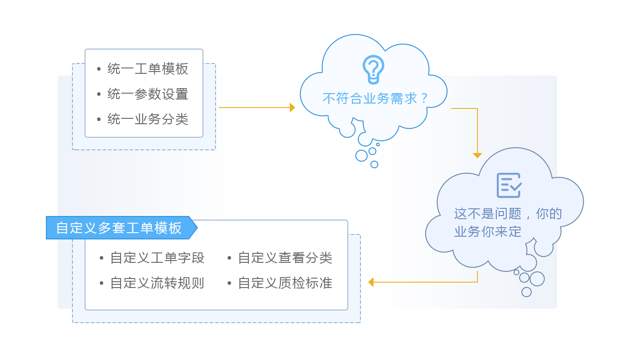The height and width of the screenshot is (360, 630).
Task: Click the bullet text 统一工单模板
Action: [x=148, y=69]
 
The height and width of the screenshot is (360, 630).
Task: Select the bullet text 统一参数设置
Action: [x=148, y=94]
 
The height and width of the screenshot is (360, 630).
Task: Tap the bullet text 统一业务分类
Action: [x=148, y=119]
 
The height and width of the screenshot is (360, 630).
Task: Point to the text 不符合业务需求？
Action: [x=376, y=98]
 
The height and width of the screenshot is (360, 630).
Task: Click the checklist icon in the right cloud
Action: [x=508, y=185]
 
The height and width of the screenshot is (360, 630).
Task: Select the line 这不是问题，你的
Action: [x=508, y=213]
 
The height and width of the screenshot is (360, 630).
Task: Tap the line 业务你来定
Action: [x=488, y=231]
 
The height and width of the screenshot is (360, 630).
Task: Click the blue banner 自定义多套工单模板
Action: [x=119, y=228]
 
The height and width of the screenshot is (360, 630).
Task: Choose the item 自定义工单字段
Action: [x=157, y=258]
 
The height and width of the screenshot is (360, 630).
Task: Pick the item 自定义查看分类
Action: [x=285, y=258]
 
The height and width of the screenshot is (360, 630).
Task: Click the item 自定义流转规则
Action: [x=157, y=283]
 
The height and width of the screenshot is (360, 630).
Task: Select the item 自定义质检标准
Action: [x=285, y=283]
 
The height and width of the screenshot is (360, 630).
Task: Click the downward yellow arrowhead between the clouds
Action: [x=477, y=155]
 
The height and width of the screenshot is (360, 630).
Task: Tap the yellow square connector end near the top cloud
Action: [x=292, y=108]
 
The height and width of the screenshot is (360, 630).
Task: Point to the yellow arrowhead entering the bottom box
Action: [x=370, y=282]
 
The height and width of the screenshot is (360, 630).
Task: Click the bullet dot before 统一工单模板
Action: [x=99, y=69]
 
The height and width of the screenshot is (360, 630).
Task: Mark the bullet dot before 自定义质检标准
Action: [x=229, y=283]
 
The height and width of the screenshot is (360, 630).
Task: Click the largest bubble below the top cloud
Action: [x=361, y=156]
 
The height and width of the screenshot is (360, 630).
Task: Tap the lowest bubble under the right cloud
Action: [x=526, y=292]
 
